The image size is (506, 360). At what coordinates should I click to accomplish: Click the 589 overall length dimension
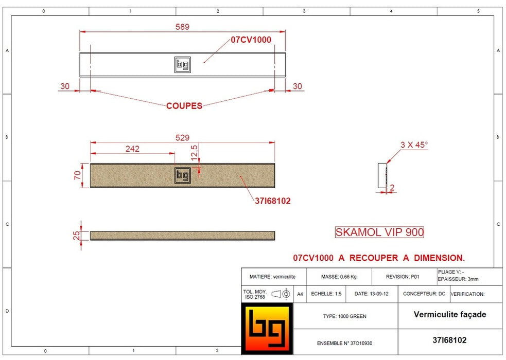pos(183,27)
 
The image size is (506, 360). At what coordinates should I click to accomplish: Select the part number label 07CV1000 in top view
pos(250,40)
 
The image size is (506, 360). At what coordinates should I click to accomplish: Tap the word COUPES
pos(184,106)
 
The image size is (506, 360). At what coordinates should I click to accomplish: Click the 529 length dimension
pos(182,137)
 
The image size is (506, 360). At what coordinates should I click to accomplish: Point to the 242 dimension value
pos(132,149)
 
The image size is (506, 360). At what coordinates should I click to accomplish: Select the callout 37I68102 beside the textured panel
pos(272,201)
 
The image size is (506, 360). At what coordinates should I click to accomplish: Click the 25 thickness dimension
pos(77,236)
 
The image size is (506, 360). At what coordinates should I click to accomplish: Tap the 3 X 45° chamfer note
pos(414,145)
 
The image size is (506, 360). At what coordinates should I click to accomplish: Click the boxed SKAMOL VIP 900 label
pos(379,232)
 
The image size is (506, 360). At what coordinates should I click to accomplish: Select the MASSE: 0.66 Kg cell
pos(339,277)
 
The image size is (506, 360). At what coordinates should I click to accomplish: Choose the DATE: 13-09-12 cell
pos(369,294)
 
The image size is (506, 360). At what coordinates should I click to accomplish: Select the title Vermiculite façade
pos(449,314)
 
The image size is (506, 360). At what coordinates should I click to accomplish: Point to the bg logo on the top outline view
pos(183,64)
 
